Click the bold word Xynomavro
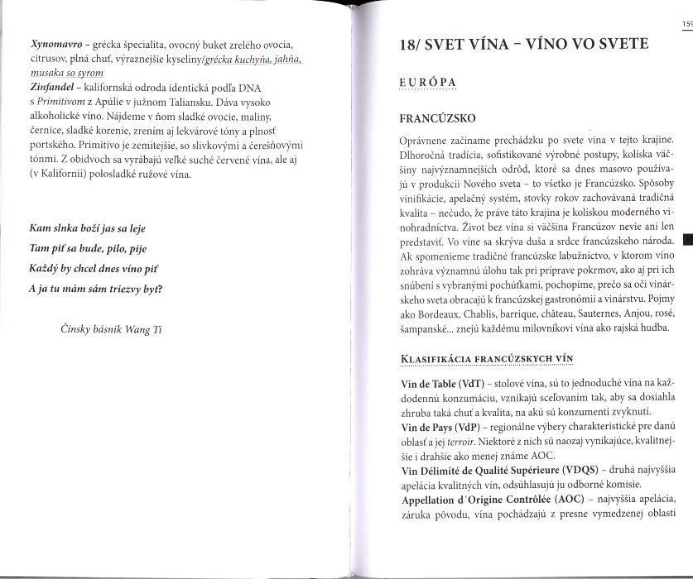54,41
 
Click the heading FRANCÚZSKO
437,117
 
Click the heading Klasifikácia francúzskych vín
486,358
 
